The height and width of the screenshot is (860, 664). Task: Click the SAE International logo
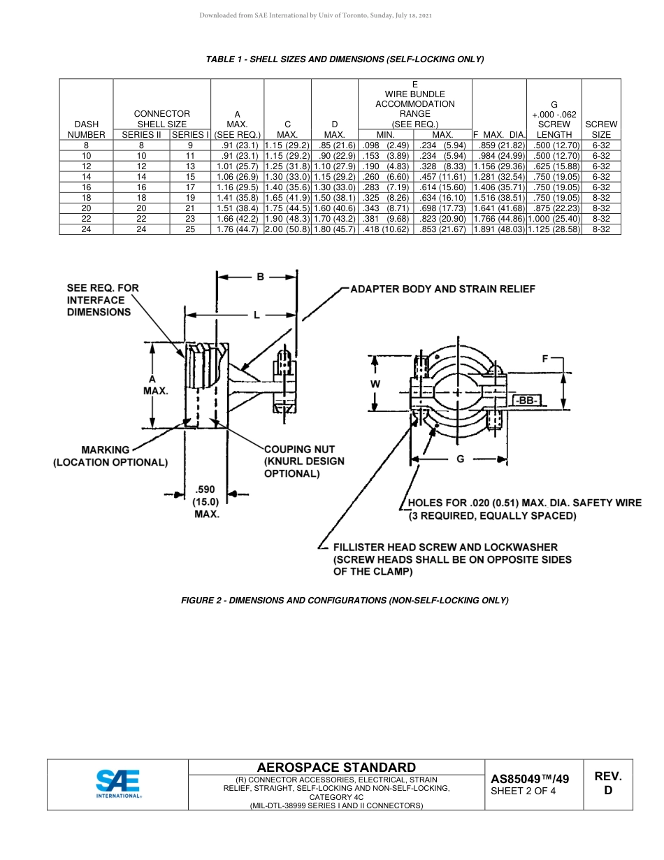coord(117,784)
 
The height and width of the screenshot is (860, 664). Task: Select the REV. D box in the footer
coord(607,783)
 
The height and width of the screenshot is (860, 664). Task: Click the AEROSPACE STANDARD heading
coord(336,768)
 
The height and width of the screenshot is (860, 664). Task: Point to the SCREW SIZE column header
coord(601,129)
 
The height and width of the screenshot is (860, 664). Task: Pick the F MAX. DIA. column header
coord(499,134)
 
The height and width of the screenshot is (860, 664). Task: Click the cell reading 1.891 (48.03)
coord(499,229)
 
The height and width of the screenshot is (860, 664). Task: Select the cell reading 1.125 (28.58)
coord(554,229)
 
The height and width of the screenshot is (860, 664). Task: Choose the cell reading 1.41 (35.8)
coord(238,198)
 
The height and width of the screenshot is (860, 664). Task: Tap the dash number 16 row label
coord(86,187)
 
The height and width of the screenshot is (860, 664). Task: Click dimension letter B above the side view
coord(260,277)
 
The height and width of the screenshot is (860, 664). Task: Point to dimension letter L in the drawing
coord(257,315)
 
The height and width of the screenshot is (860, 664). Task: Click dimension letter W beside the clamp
coord(376,384)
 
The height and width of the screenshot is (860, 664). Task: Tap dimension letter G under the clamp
coord(460,459)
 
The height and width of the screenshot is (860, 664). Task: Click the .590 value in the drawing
coord(206,489)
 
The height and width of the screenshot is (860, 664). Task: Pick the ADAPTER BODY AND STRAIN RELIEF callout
coord(442,289)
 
